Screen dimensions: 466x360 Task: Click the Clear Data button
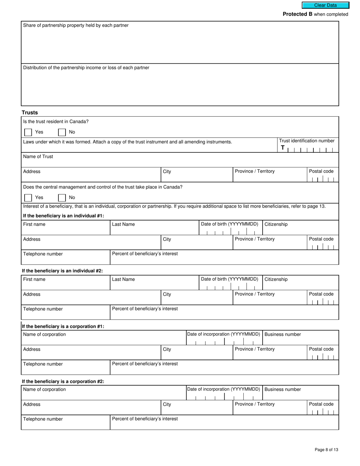[x=325, y=5]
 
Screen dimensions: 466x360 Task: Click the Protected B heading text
[x=297, y=14]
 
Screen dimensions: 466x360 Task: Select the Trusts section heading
[x=30, y=113]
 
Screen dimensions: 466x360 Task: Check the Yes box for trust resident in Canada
[x=28, y=132]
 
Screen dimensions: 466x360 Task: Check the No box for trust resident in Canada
[x=62, y=132]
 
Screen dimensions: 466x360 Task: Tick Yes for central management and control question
[x=28, y=198]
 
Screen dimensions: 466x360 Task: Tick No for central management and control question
[x=62, y=198]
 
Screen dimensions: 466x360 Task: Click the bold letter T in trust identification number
[x=283, y=148]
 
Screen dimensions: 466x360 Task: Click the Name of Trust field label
[x=38, y=156]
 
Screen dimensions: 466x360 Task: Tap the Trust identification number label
[x=307, y=141]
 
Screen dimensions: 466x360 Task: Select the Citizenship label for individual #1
[x=276, y=224]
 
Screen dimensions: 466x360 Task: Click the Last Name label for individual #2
[x=123, y=279]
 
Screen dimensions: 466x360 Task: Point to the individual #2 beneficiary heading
[x=62, y=271]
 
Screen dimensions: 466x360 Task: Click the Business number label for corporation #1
[x=283, y=334]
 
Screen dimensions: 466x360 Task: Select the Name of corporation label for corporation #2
[x=44, y=389]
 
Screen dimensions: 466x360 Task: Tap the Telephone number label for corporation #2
[x=43, y=419]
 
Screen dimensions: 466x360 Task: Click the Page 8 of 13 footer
[x=326, y=450]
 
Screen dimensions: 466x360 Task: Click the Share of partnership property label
[x=76, y=25]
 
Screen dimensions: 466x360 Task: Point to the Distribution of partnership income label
[x=86, y=68]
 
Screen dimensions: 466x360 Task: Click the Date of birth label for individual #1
[x=229, y=224]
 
